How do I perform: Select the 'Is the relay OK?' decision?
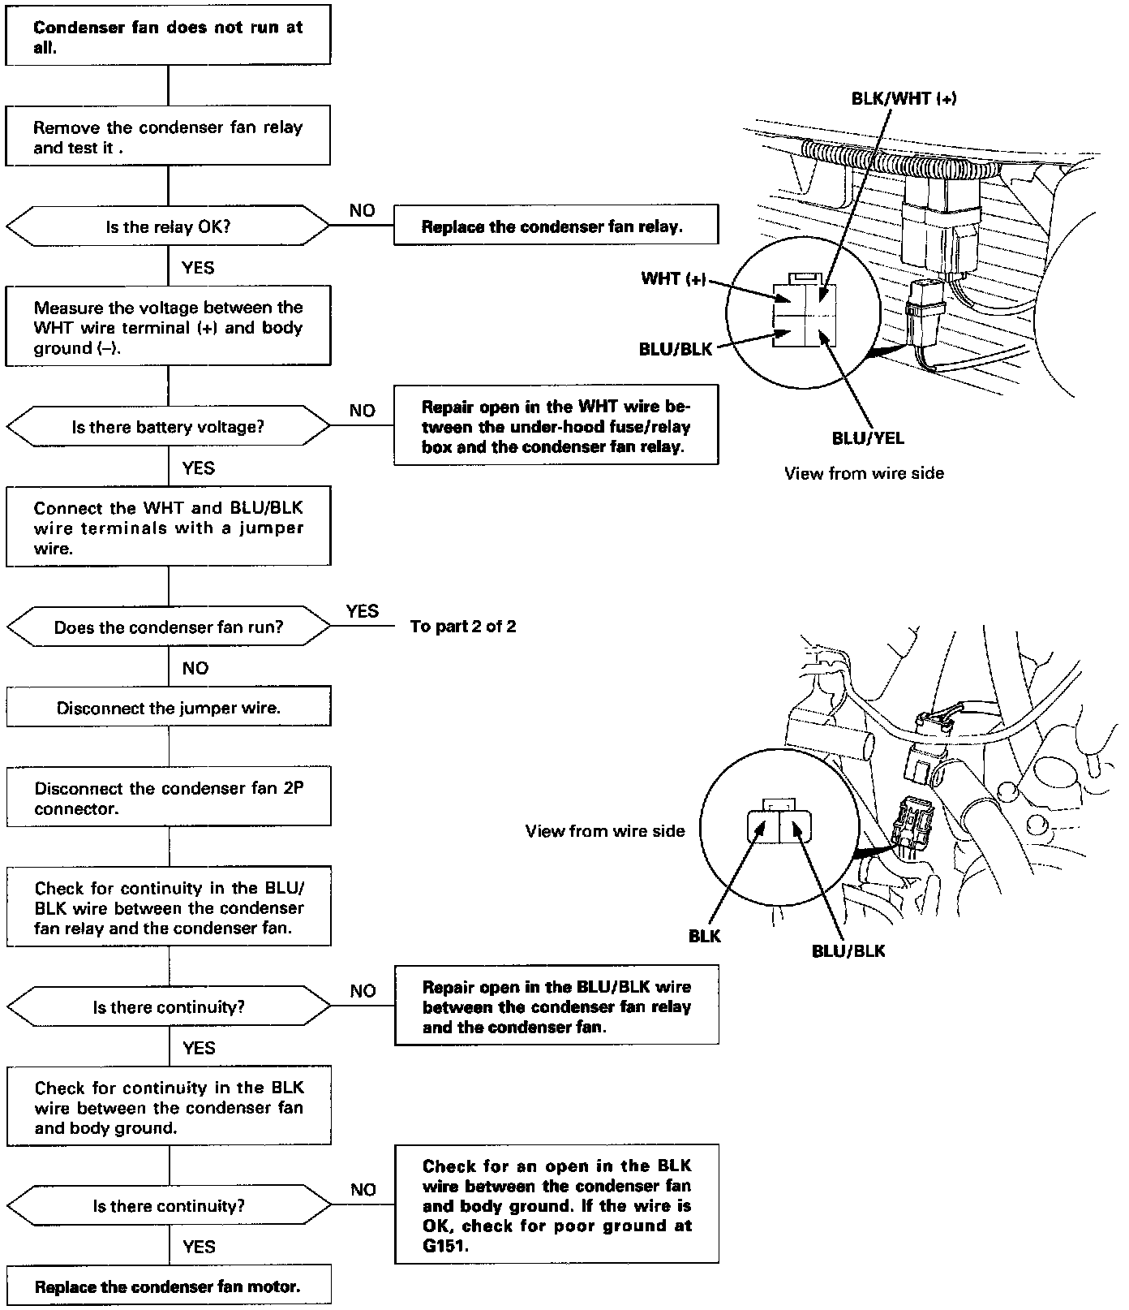168,226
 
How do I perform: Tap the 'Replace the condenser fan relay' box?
556,226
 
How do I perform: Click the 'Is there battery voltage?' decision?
168,427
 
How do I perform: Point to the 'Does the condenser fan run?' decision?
169,627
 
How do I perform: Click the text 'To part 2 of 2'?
462,627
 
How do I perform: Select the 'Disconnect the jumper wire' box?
169,708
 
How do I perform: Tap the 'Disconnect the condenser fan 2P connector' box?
169,798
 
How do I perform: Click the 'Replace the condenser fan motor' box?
169,1286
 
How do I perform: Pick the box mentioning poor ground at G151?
556,1204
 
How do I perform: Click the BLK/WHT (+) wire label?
904,98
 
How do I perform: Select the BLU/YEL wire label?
867,438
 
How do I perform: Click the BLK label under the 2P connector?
704,936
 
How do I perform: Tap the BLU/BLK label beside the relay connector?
675,350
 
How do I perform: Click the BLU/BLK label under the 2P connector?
848,950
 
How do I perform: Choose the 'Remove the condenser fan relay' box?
168,136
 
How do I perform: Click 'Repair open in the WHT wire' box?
556,426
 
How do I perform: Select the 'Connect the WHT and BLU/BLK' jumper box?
169,528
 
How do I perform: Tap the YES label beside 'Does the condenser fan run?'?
362,611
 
